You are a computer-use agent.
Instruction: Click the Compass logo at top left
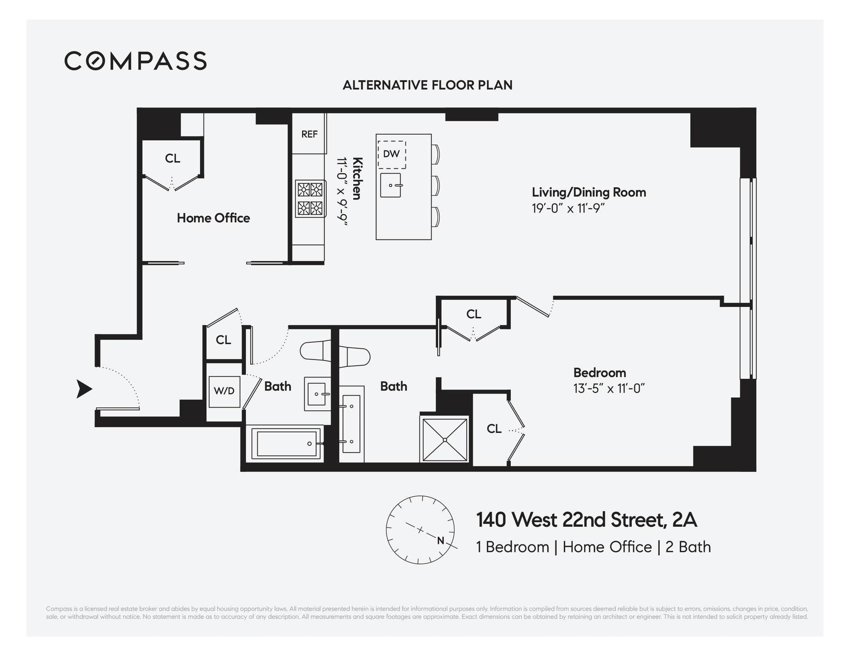pos(135,61)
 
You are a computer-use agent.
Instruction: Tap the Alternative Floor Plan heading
pos(427,85)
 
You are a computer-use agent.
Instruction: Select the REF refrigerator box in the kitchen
pos(309,134)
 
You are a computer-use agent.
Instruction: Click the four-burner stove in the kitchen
pos(310,198)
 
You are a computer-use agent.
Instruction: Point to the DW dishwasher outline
pos(391,154)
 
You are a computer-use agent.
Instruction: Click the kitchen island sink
pos(391,185)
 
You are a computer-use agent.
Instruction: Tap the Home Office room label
pos(213,218)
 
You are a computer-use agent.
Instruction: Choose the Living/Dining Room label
pos(589,192)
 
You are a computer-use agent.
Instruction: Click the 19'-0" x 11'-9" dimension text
pos(568,208)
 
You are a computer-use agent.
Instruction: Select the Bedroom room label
pos(600,373)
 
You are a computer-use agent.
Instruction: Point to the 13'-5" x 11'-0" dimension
pos(609,389)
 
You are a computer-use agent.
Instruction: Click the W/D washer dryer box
pos(224,391)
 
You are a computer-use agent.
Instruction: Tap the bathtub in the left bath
pos(287,443)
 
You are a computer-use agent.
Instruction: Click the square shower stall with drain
pos(444,440)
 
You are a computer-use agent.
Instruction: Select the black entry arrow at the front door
pos(84,389)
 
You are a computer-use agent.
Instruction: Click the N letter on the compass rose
pos(440,540)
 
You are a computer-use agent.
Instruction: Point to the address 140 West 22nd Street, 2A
pos(586,520)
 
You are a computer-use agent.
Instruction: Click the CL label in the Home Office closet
pos(172,158)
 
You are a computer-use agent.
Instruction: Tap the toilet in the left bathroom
pos(315,351)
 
